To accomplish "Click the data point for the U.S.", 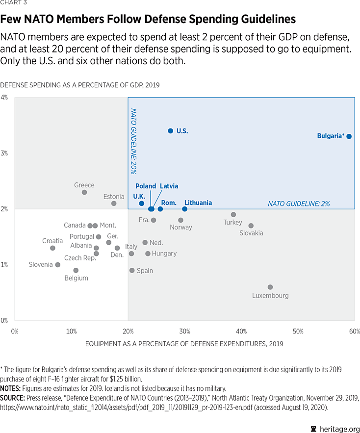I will click(170, 131).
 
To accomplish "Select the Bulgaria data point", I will click(349, 136).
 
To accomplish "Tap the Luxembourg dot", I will click(270, 287).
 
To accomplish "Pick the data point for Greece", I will click(84, 192).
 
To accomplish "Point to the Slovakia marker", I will click(251, 226).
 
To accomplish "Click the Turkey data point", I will click(233, 214).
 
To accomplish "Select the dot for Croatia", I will click(52, 248).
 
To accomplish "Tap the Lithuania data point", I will click(184, 209).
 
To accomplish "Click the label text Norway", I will click(181, 228).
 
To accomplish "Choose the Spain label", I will click(145, 271).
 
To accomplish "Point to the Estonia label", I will click(114, 197).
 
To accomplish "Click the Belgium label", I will click(76, 278).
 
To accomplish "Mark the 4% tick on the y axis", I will click(4, 97).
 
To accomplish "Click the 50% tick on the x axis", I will click(298, 331).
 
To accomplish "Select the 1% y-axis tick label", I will click(4, 265).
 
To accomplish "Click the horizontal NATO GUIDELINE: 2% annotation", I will click(299, 204).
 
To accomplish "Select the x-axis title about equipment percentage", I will click(184, 344).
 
